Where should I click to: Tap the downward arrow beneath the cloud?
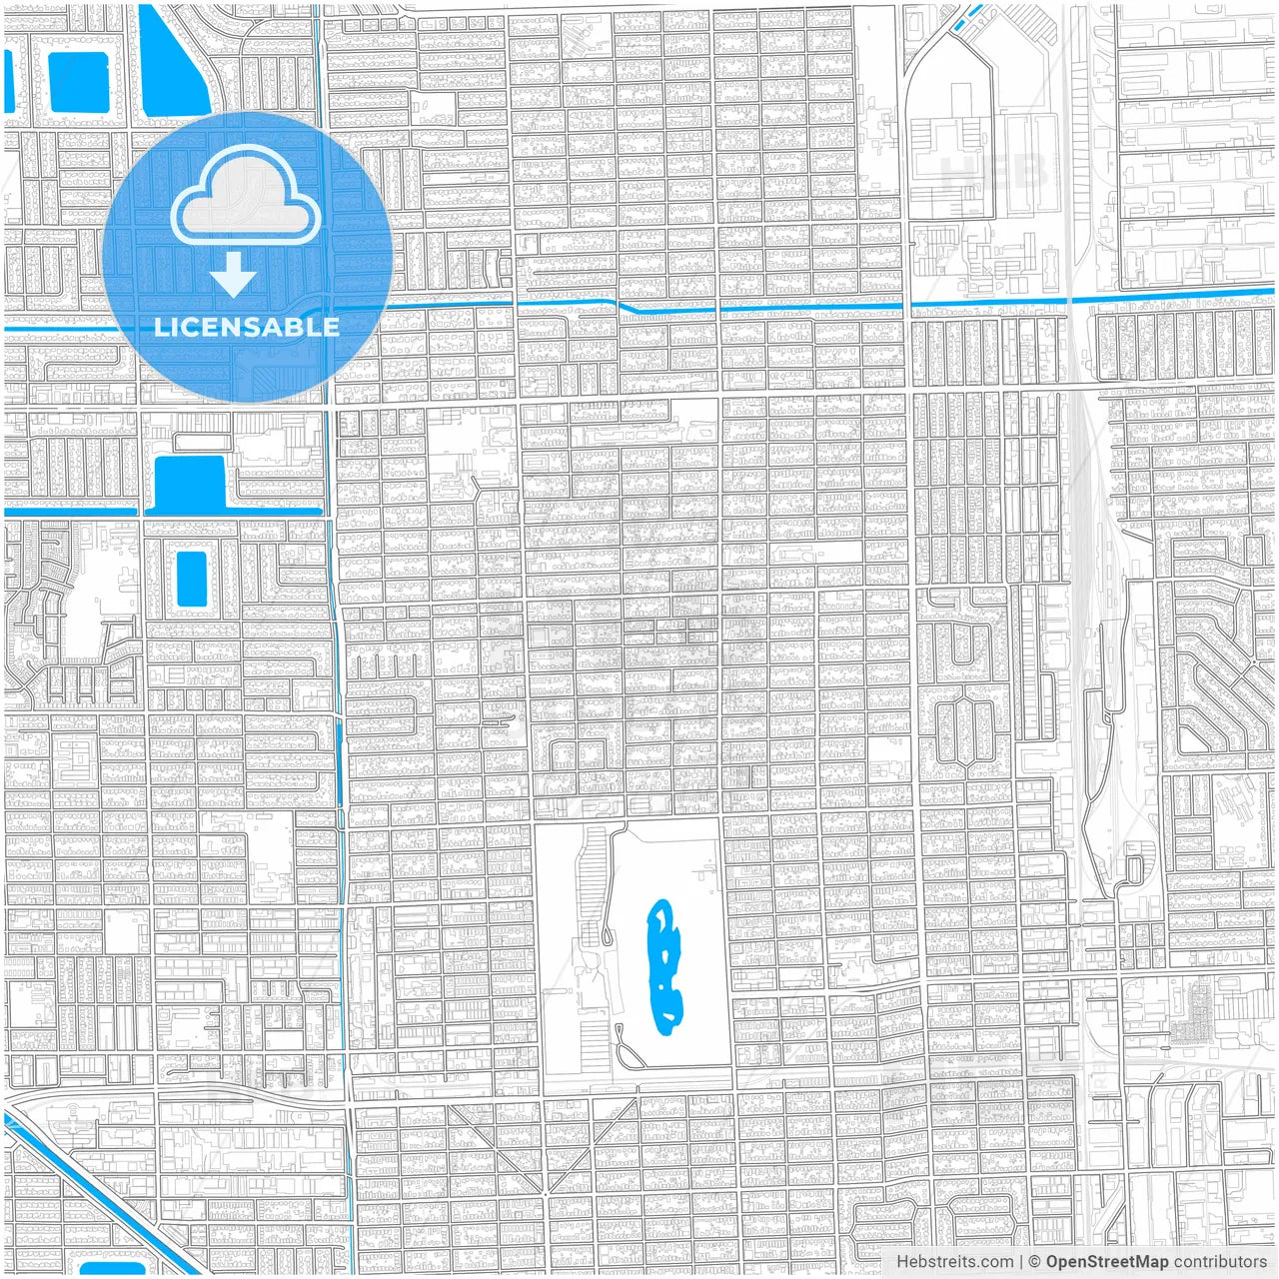pyautogui.click(x=234, y=275)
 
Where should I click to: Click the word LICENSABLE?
pyautogui.click(x=246, y=327)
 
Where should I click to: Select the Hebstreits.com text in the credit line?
pyautogui.click(x=954, y=1262)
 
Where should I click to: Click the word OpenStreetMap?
pyautogui.click(x=1106, y=1262)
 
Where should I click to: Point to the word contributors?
pyautogui.click(x=1220, y=1262)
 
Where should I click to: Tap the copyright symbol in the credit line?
pyautogui.click(x=1034, y=1262)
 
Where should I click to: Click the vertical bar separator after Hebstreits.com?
pyautogui.click(x=1020, y=1262)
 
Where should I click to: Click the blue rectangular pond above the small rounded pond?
pyautogui.click(x=190, y=483)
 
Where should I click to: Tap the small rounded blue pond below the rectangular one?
pyautogui.click(x=191, y=579)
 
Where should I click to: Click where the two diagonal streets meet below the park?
pyautogui.click(x=546, y=1192)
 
